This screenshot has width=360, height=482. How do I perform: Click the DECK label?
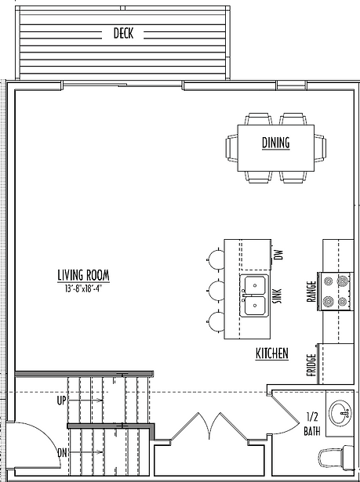(x=123, y=33)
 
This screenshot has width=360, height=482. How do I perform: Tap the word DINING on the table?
(x=276, y=143)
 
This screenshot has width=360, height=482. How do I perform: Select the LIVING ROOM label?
(x=83, y=275)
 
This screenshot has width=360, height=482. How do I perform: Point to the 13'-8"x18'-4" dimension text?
(x=83, y=288)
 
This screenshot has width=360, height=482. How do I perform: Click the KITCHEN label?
(x=272, y=353)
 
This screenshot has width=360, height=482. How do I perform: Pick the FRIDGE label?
(x=311, y=365)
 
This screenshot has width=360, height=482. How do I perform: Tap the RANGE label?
(x=311, y=292)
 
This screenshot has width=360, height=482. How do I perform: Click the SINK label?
(x=278, y=296)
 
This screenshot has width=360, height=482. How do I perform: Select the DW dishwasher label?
(x=278, y=255)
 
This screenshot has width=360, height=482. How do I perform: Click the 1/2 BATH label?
(x=312, y=424)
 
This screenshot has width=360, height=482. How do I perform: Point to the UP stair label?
(x=61, y=400)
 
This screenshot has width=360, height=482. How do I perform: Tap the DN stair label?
(x=62, y=453)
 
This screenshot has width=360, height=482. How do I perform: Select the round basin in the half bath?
(x=340, y=413)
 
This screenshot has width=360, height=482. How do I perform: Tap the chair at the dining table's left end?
(x=231, y=148)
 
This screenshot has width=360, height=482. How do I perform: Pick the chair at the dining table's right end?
(x=320, y=148)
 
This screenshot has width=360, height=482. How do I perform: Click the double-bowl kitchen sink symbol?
(x=254, y=295)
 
